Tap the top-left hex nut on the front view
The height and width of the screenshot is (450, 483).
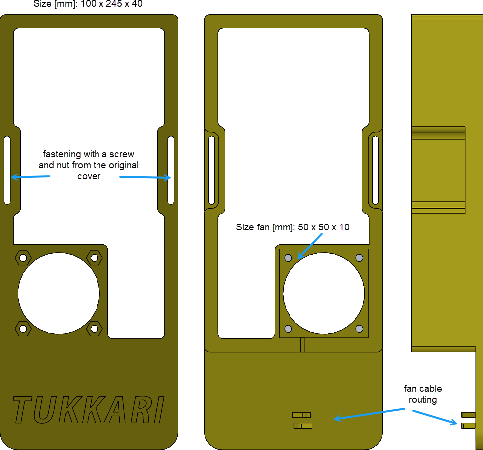(x=22, y=257)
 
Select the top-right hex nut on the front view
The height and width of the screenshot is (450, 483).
(x=94, y=257)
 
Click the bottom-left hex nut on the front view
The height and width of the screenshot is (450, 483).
(x=22, y=328)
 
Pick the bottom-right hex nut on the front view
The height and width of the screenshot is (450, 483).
(x=94, y=328)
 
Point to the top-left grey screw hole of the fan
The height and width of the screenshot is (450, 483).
(x=288, y=258)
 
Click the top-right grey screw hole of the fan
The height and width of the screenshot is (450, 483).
(x=359, y=258)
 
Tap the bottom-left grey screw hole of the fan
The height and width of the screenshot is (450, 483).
(x=288, y=329)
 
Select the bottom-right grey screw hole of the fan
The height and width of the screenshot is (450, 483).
(x=359, y=329)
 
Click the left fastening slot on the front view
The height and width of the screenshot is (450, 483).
(x=7, y=169)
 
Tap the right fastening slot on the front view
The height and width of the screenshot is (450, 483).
(x=171, y=169)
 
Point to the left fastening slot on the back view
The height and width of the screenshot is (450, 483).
(x=212, y=169)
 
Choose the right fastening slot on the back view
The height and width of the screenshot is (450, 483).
(x=376, y=169)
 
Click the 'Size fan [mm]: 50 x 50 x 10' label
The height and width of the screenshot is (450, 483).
(x=292, y=227)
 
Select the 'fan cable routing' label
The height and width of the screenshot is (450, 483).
(x=423, y=394)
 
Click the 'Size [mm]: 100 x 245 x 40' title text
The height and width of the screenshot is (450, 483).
(x=88, y=4)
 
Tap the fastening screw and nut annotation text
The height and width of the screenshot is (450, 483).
(x=89, y=165)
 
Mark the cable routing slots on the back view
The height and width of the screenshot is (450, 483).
(x=302, y=420)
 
